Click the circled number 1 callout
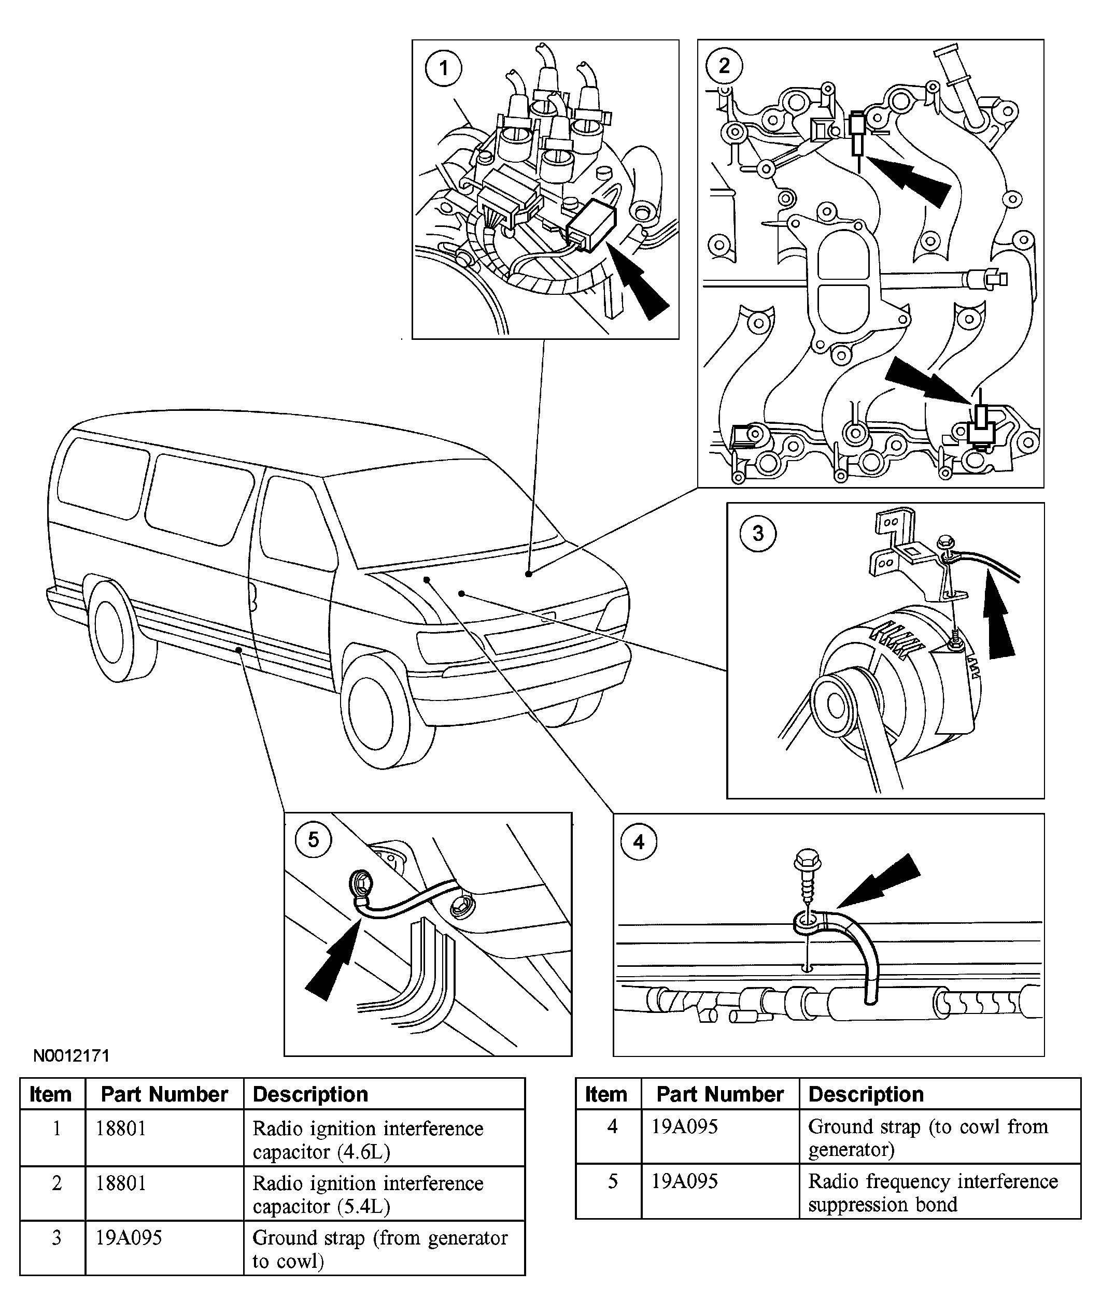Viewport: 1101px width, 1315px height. [x=444, y=68]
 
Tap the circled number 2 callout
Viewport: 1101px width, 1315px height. [x=724, y=66]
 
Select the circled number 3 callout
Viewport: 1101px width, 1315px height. [x=758, y=534]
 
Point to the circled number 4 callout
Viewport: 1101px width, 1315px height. [x=639, y=841]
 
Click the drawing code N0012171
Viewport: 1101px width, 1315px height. [x=72, y=1056]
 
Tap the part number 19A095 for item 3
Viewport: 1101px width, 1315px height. [x=129, y=1237]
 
